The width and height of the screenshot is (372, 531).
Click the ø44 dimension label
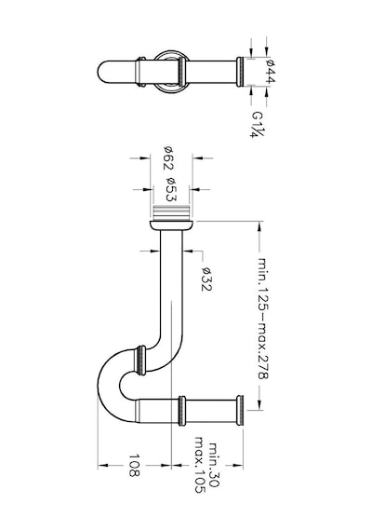272,71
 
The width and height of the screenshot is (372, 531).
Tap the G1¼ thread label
258,124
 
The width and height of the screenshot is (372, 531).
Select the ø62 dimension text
169,157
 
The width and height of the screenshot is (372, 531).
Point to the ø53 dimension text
171,188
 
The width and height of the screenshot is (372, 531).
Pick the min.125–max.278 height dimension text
263,318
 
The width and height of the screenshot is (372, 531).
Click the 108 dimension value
134,465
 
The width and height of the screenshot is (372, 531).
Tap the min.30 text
214,465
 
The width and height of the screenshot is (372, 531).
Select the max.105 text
200,465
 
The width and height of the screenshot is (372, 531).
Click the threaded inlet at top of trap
171,212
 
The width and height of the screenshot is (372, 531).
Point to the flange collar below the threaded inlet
171,225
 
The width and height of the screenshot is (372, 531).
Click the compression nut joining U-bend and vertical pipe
140,361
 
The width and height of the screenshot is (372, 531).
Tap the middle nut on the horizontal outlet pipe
182,411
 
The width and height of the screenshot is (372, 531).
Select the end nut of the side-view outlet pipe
240,411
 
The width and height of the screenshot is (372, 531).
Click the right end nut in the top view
240,72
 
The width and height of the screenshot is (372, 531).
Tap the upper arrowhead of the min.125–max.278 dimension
259,226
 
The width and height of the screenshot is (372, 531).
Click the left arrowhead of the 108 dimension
103,465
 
